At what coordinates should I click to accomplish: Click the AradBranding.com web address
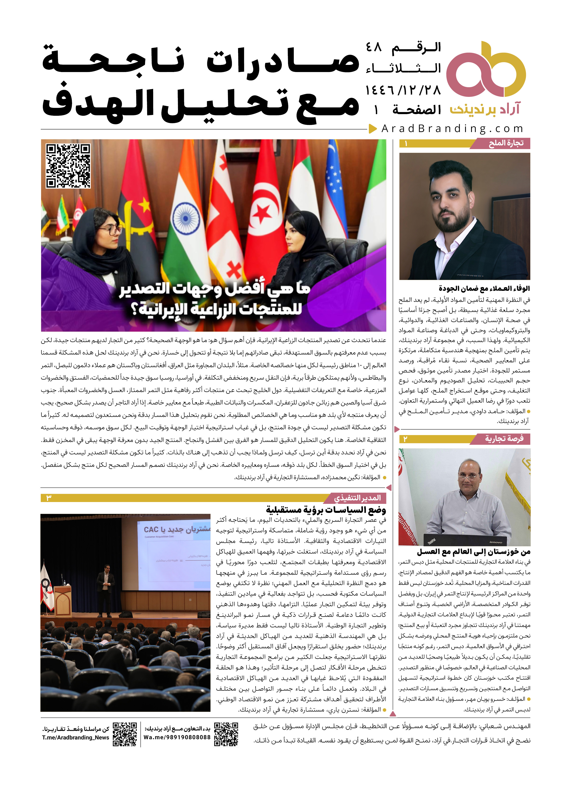point(452,129)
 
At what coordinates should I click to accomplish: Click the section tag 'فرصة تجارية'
point(504,439)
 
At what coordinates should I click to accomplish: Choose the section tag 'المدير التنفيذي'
point(358,498)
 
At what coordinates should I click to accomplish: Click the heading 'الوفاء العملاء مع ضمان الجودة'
point(484,288)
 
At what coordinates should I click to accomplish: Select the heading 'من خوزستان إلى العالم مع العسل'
point(474,552)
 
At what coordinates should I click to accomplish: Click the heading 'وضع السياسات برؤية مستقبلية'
point(326,510)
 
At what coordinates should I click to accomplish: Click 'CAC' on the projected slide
point(151,529)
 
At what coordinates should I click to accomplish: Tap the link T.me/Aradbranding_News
point(76,737)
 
